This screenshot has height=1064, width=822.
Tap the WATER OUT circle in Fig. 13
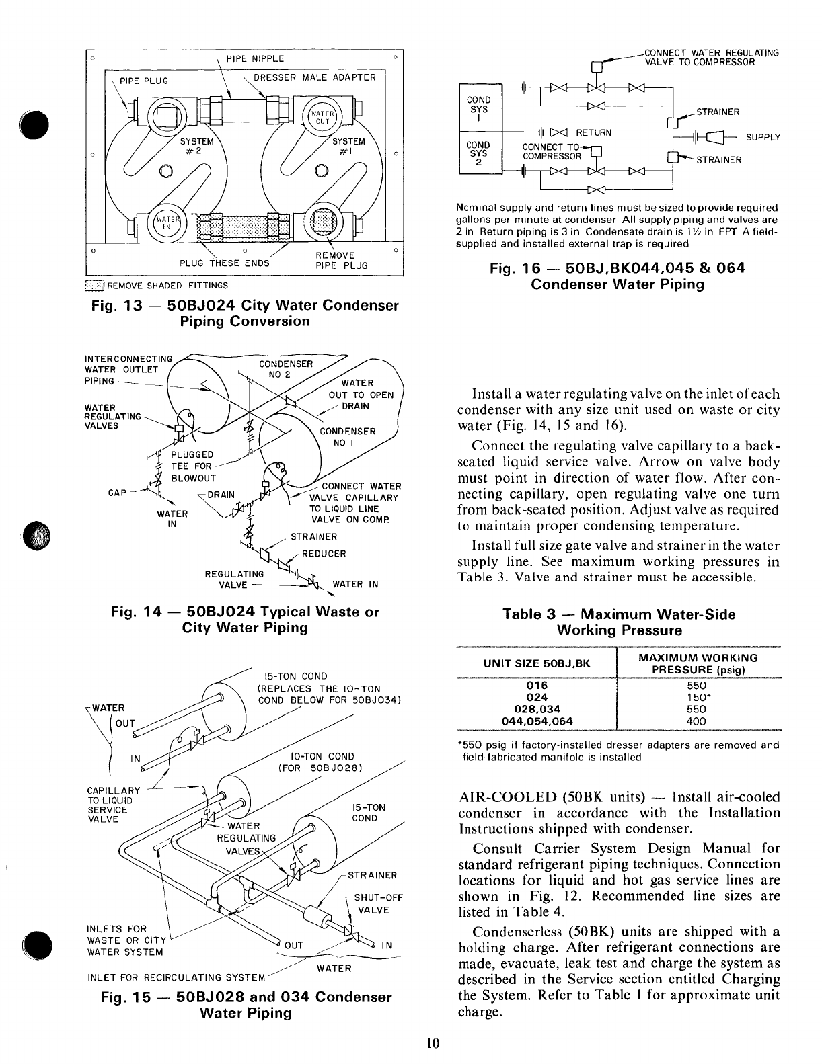pyautogui.click(x=324, y=117)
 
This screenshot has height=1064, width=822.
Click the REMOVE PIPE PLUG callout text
pyautogui.click(x=342, y=260)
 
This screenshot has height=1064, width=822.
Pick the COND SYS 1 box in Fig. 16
pyautogui.click(x=479, y=108)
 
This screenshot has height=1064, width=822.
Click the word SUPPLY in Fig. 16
pyautogui.click(x=763, y=137)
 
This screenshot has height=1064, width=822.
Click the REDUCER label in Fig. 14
pyautogui.click(x=324, y=554)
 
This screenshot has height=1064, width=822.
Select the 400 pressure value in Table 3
pyautogui.click(x=697, y=721)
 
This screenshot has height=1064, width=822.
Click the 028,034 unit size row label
pyautogui.click(x=536, y=709)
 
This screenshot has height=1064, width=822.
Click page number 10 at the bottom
pyautogui.click(x=432, y=1044)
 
